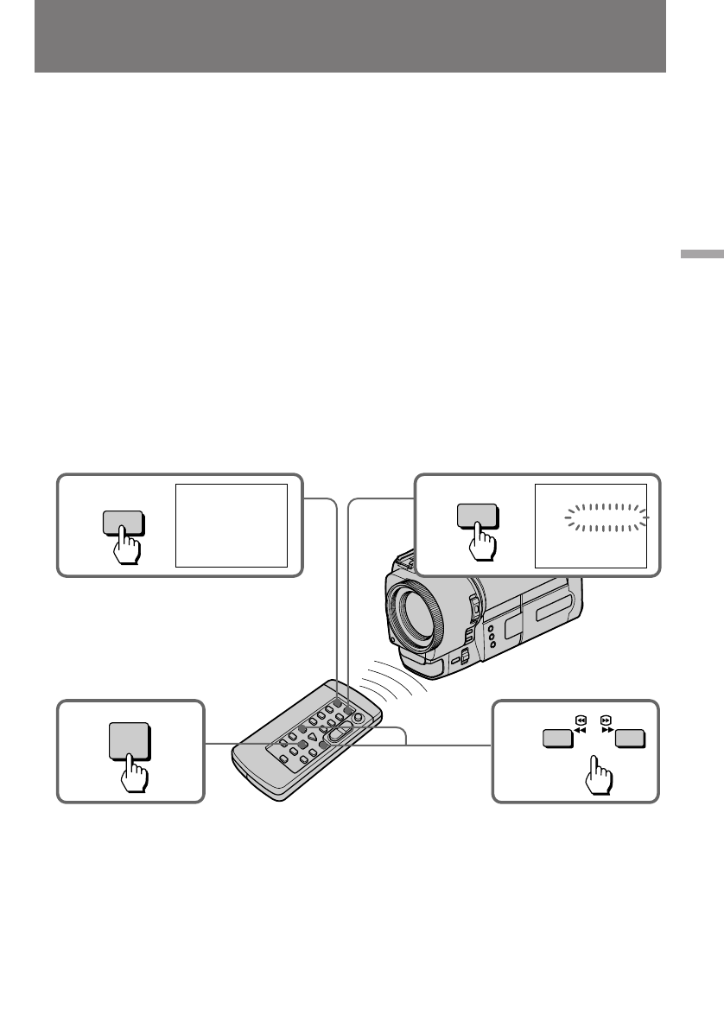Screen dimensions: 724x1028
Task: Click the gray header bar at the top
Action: click(x=350, y=36)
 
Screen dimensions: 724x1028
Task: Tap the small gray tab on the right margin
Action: click(x=701, y=256)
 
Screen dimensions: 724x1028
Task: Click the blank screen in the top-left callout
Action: click(x=232, y=525)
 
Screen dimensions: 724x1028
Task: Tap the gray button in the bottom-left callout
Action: click(x=130, y=739)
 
